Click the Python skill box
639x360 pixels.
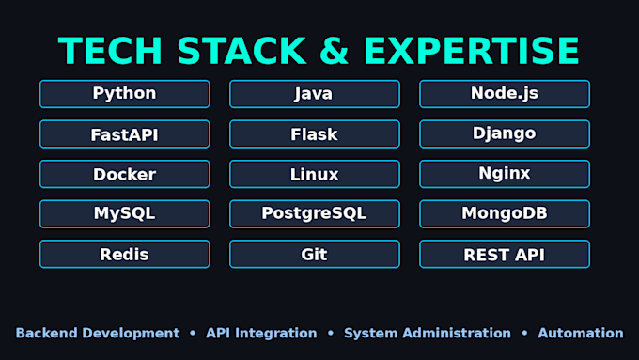coord(125,94)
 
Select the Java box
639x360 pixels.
coord(315,94)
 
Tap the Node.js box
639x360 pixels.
coord(505,94)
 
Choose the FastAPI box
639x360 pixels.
coord(125,134)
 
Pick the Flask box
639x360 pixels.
coord(315,134)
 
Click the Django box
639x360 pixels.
coord(505,134)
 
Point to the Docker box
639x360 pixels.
coord(125,174)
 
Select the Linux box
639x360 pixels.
coord(315,174)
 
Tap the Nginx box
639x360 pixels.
coord(505,174)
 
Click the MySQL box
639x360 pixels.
coord(125,214)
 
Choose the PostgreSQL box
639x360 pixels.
coord(315,214)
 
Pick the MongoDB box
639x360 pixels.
coord(505,214)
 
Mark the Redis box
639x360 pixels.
coord(125,254)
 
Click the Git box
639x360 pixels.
coord(315,254)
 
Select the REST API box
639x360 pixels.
coord(505,254)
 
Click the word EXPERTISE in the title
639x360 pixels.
coord(471,51)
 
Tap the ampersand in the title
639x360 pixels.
coord(335,51)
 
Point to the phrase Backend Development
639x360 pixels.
coord(98,333)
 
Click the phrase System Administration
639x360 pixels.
coord(428,333)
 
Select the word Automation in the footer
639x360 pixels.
coord(581,333)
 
